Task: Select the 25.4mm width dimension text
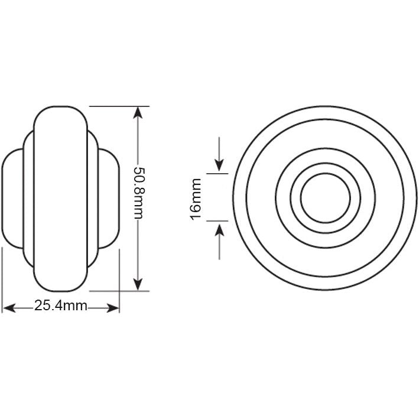(61, 306)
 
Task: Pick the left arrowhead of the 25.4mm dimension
(9, 307)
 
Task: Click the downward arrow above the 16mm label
(219, 165)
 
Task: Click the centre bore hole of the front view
(326, 198)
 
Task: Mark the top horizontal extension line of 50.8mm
(118, 106)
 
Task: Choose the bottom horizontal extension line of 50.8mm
(118, 291)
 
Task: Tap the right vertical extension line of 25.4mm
(119, 278)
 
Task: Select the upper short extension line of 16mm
(217, 174)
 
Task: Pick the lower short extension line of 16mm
(217, 221)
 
